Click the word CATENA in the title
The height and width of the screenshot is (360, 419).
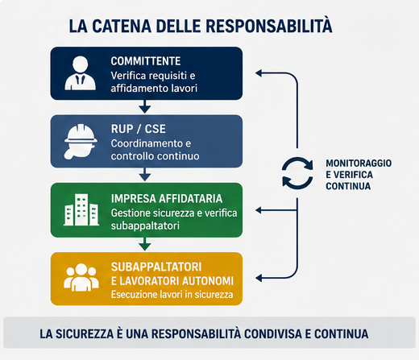tap(122, 26)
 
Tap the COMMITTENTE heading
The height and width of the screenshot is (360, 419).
tap(146, 61)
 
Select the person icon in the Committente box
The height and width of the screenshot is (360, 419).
tap(80, 73)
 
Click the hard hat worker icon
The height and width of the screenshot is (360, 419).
tap(81, 142)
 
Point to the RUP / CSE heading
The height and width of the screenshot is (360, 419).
tap(139, 129)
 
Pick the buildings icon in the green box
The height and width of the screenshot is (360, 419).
tap(81, 209)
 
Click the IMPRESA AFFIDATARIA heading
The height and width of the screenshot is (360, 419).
tap(167, 199)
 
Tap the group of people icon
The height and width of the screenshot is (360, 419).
tap(81, 278)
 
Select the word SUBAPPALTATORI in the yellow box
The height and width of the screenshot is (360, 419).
tap(156, 267)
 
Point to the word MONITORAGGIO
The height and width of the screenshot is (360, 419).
tap(359, 163)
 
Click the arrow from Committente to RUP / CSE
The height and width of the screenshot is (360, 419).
tap(145, 106)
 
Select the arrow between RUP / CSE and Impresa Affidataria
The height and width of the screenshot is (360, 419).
tap(145, 175)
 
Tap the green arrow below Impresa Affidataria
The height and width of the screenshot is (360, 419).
tap(145, 244)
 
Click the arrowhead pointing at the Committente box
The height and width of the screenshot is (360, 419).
tap(259, 73)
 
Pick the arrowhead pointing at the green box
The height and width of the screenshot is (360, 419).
tap(259, 210)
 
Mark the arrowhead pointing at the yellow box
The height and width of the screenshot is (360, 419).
tap(259, 278)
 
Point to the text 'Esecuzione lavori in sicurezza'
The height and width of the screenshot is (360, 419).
tap(172, 295)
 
